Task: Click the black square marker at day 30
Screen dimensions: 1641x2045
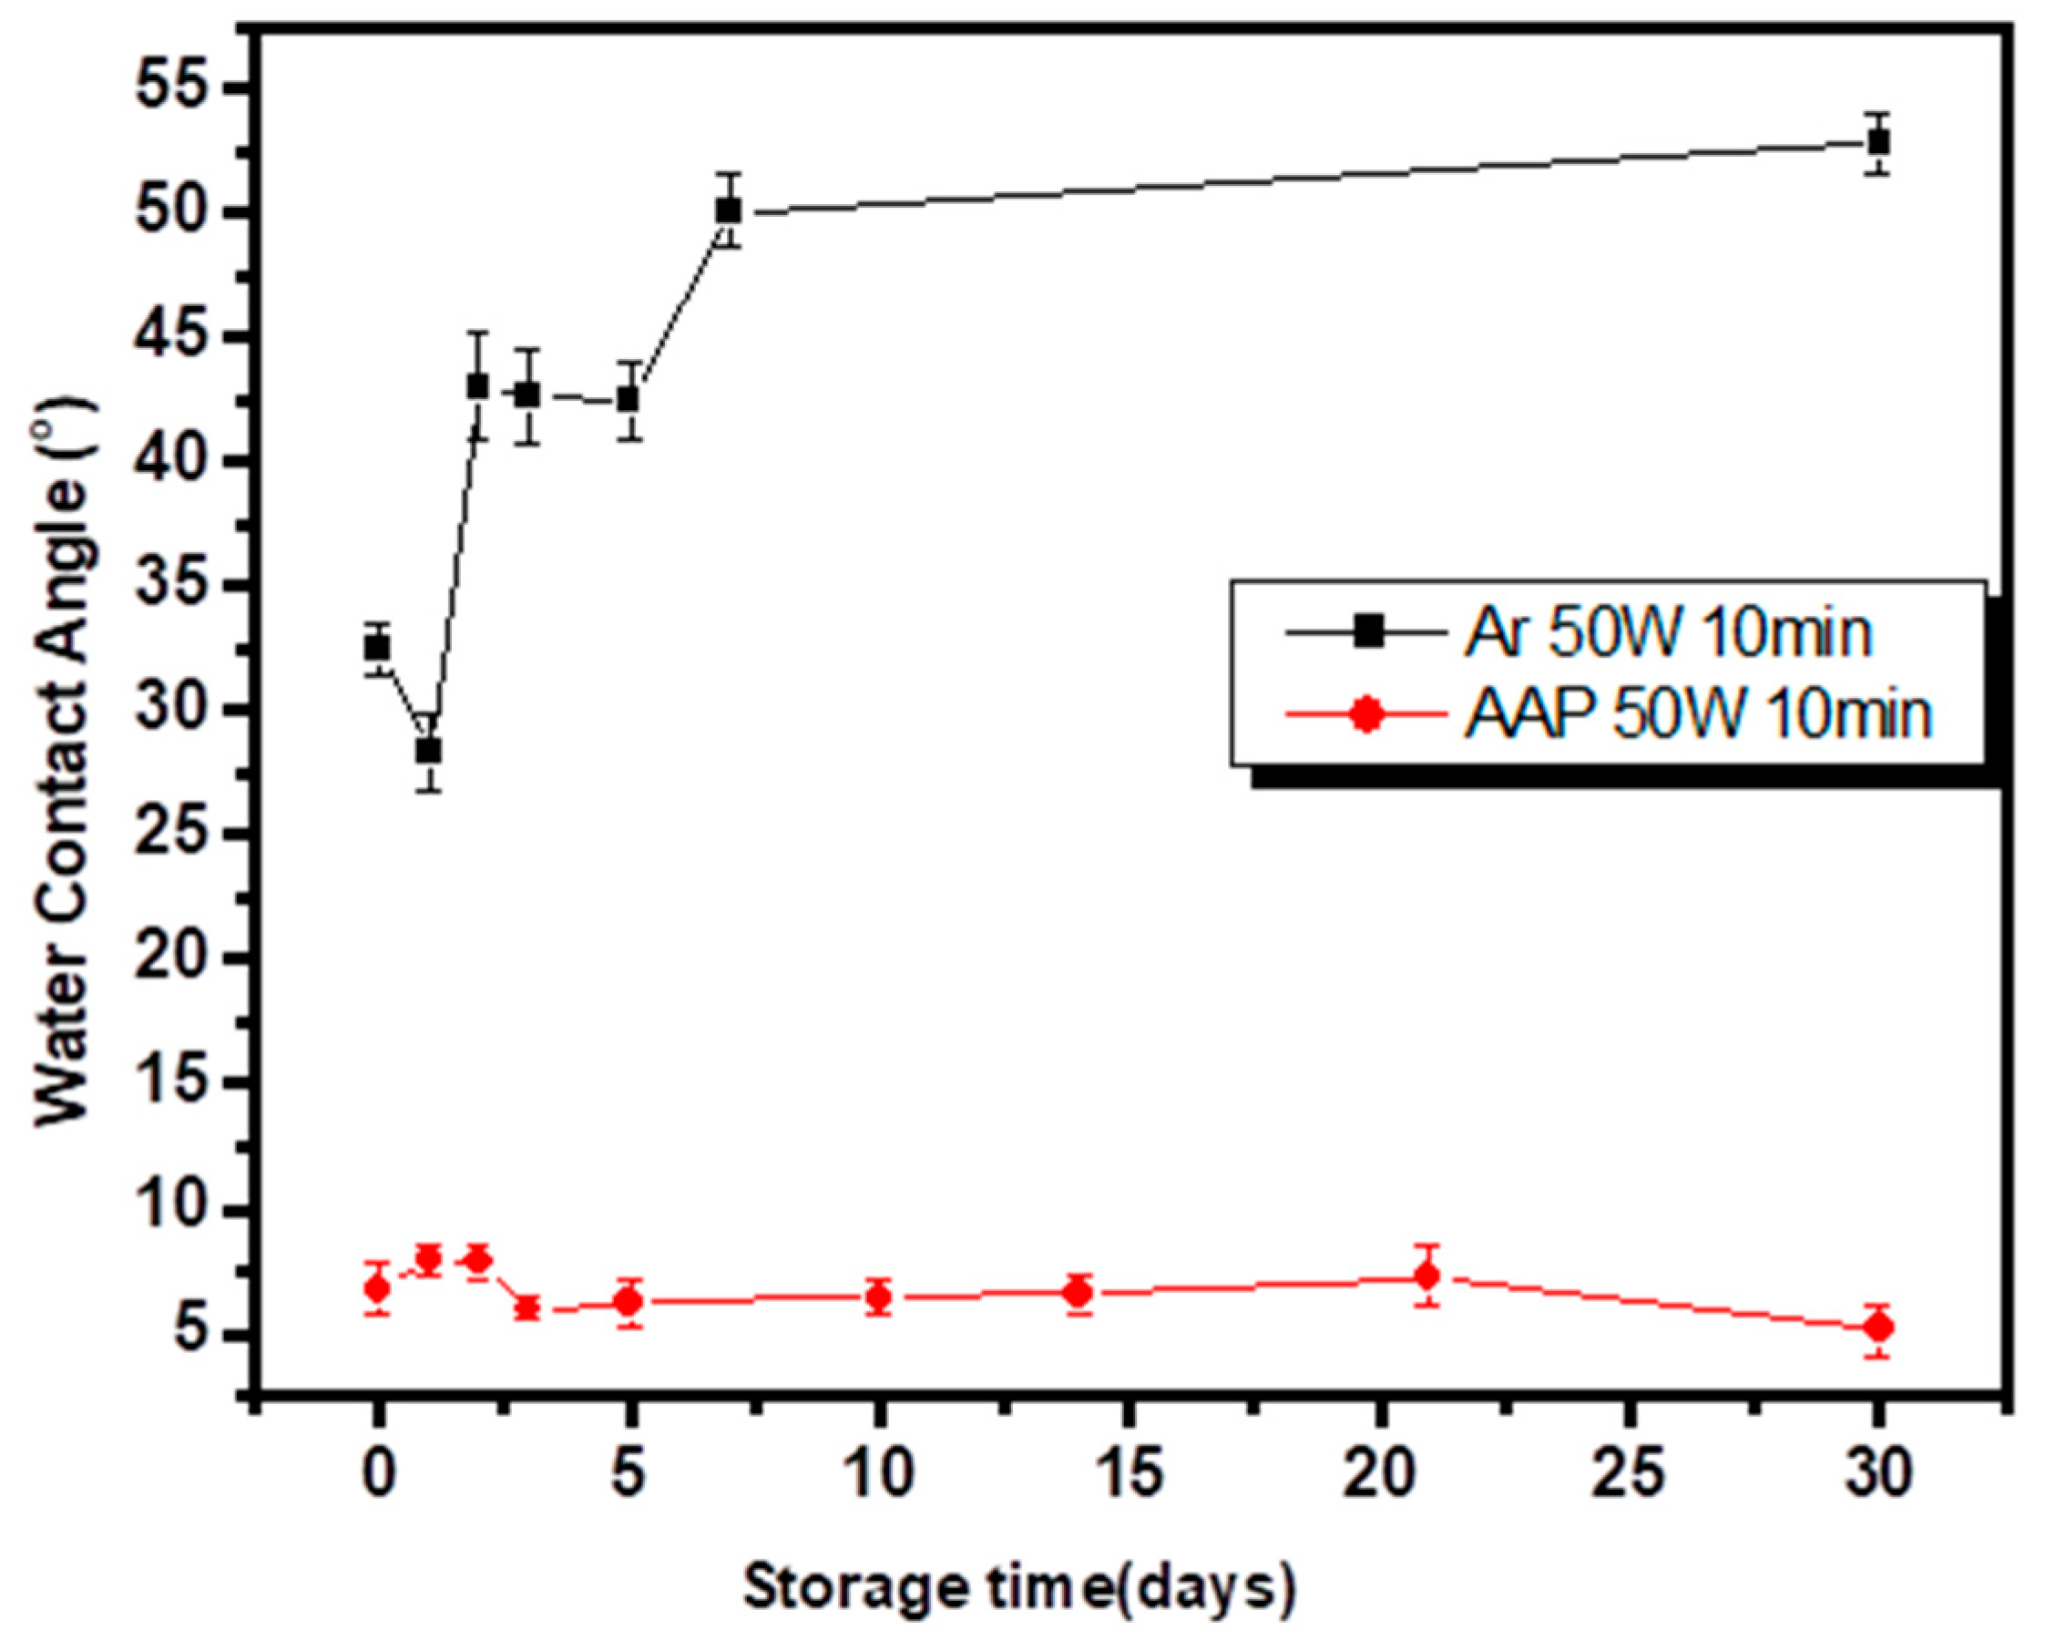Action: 1877,143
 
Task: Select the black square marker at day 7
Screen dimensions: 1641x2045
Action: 729,210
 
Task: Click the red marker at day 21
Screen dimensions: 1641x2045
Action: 1426,1276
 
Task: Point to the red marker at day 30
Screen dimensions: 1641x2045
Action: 1877,1327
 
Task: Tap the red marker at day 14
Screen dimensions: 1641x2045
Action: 1079,1292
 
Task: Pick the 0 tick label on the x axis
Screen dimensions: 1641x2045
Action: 377,1476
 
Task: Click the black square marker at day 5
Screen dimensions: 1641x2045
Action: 628,399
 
